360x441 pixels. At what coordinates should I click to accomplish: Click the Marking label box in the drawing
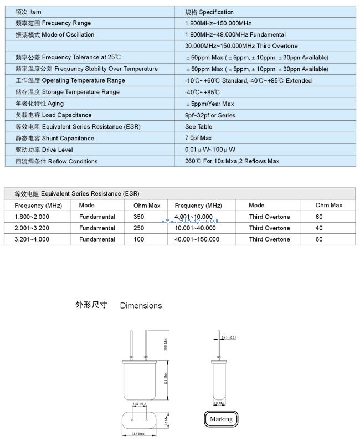tap(221, 419)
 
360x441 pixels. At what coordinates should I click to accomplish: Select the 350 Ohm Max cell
tap(139, 217)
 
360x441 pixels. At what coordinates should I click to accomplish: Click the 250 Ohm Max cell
tap(139, 228)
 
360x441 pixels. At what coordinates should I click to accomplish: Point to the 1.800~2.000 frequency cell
tap(32, 217)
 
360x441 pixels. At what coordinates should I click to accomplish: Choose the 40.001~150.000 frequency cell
tap(197, 240)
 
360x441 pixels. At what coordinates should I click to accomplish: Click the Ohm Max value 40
tap(319, 228)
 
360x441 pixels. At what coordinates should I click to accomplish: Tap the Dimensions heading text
tap(141, 306)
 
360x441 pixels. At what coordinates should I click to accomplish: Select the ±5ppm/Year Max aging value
tap(210, 104)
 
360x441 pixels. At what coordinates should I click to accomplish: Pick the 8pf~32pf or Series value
tap(210, 116)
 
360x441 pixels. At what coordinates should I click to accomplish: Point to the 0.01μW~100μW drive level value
tap(210, 150)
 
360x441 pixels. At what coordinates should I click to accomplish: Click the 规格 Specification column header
tap(209, 12)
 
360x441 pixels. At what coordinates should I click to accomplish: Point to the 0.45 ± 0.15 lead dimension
tap(229, 337)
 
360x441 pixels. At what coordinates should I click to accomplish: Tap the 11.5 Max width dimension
tap(138, 433)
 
